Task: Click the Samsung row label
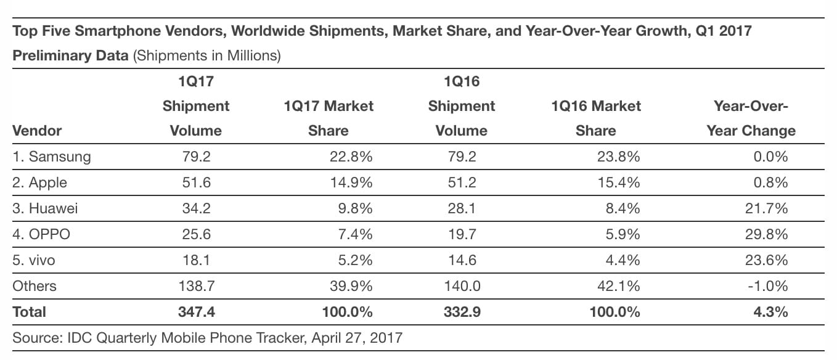pyautogui.click(x=51, y=157)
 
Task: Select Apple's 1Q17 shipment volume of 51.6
pyautogui.click(x=196, y=182)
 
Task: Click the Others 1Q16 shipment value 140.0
pyautogui.click(x=461, y=286)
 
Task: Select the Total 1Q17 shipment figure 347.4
pyautogui.click(x=196, y=312)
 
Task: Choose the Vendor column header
pyautogui.click(x=37, y=131)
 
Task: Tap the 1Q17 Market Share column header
pyautogui.click(x=329, y=118)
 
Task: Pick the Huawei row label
pyautogui.click(x=45, y=208)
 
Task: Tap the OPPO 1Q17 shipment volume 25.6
pyautogui.click(x=196, y=234)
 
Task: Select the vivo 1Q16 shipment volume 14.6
pyautogui.click(x=461, y=260)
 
